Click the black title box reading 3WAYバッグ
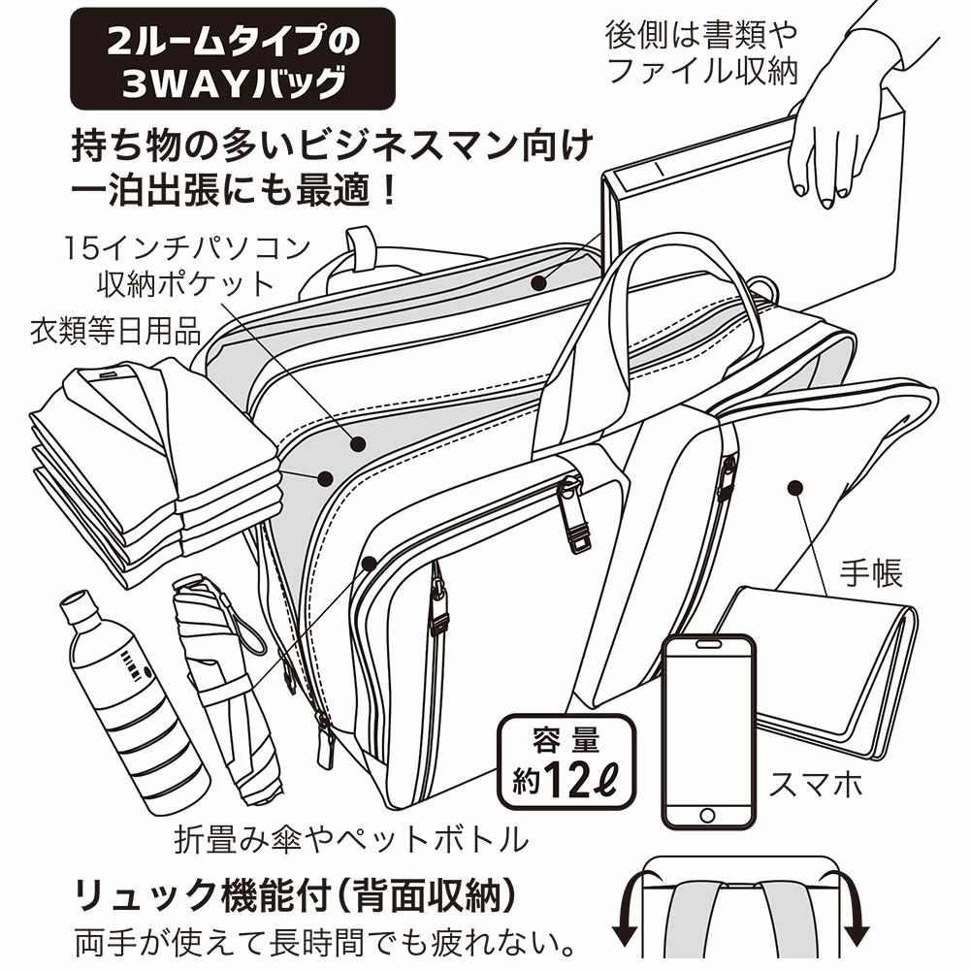tap(232, 59)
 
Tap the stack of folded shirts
tap(145, 466)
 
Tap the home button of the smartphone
tap(709, 815)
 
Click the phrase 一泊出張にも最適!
tap(235, 189)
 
